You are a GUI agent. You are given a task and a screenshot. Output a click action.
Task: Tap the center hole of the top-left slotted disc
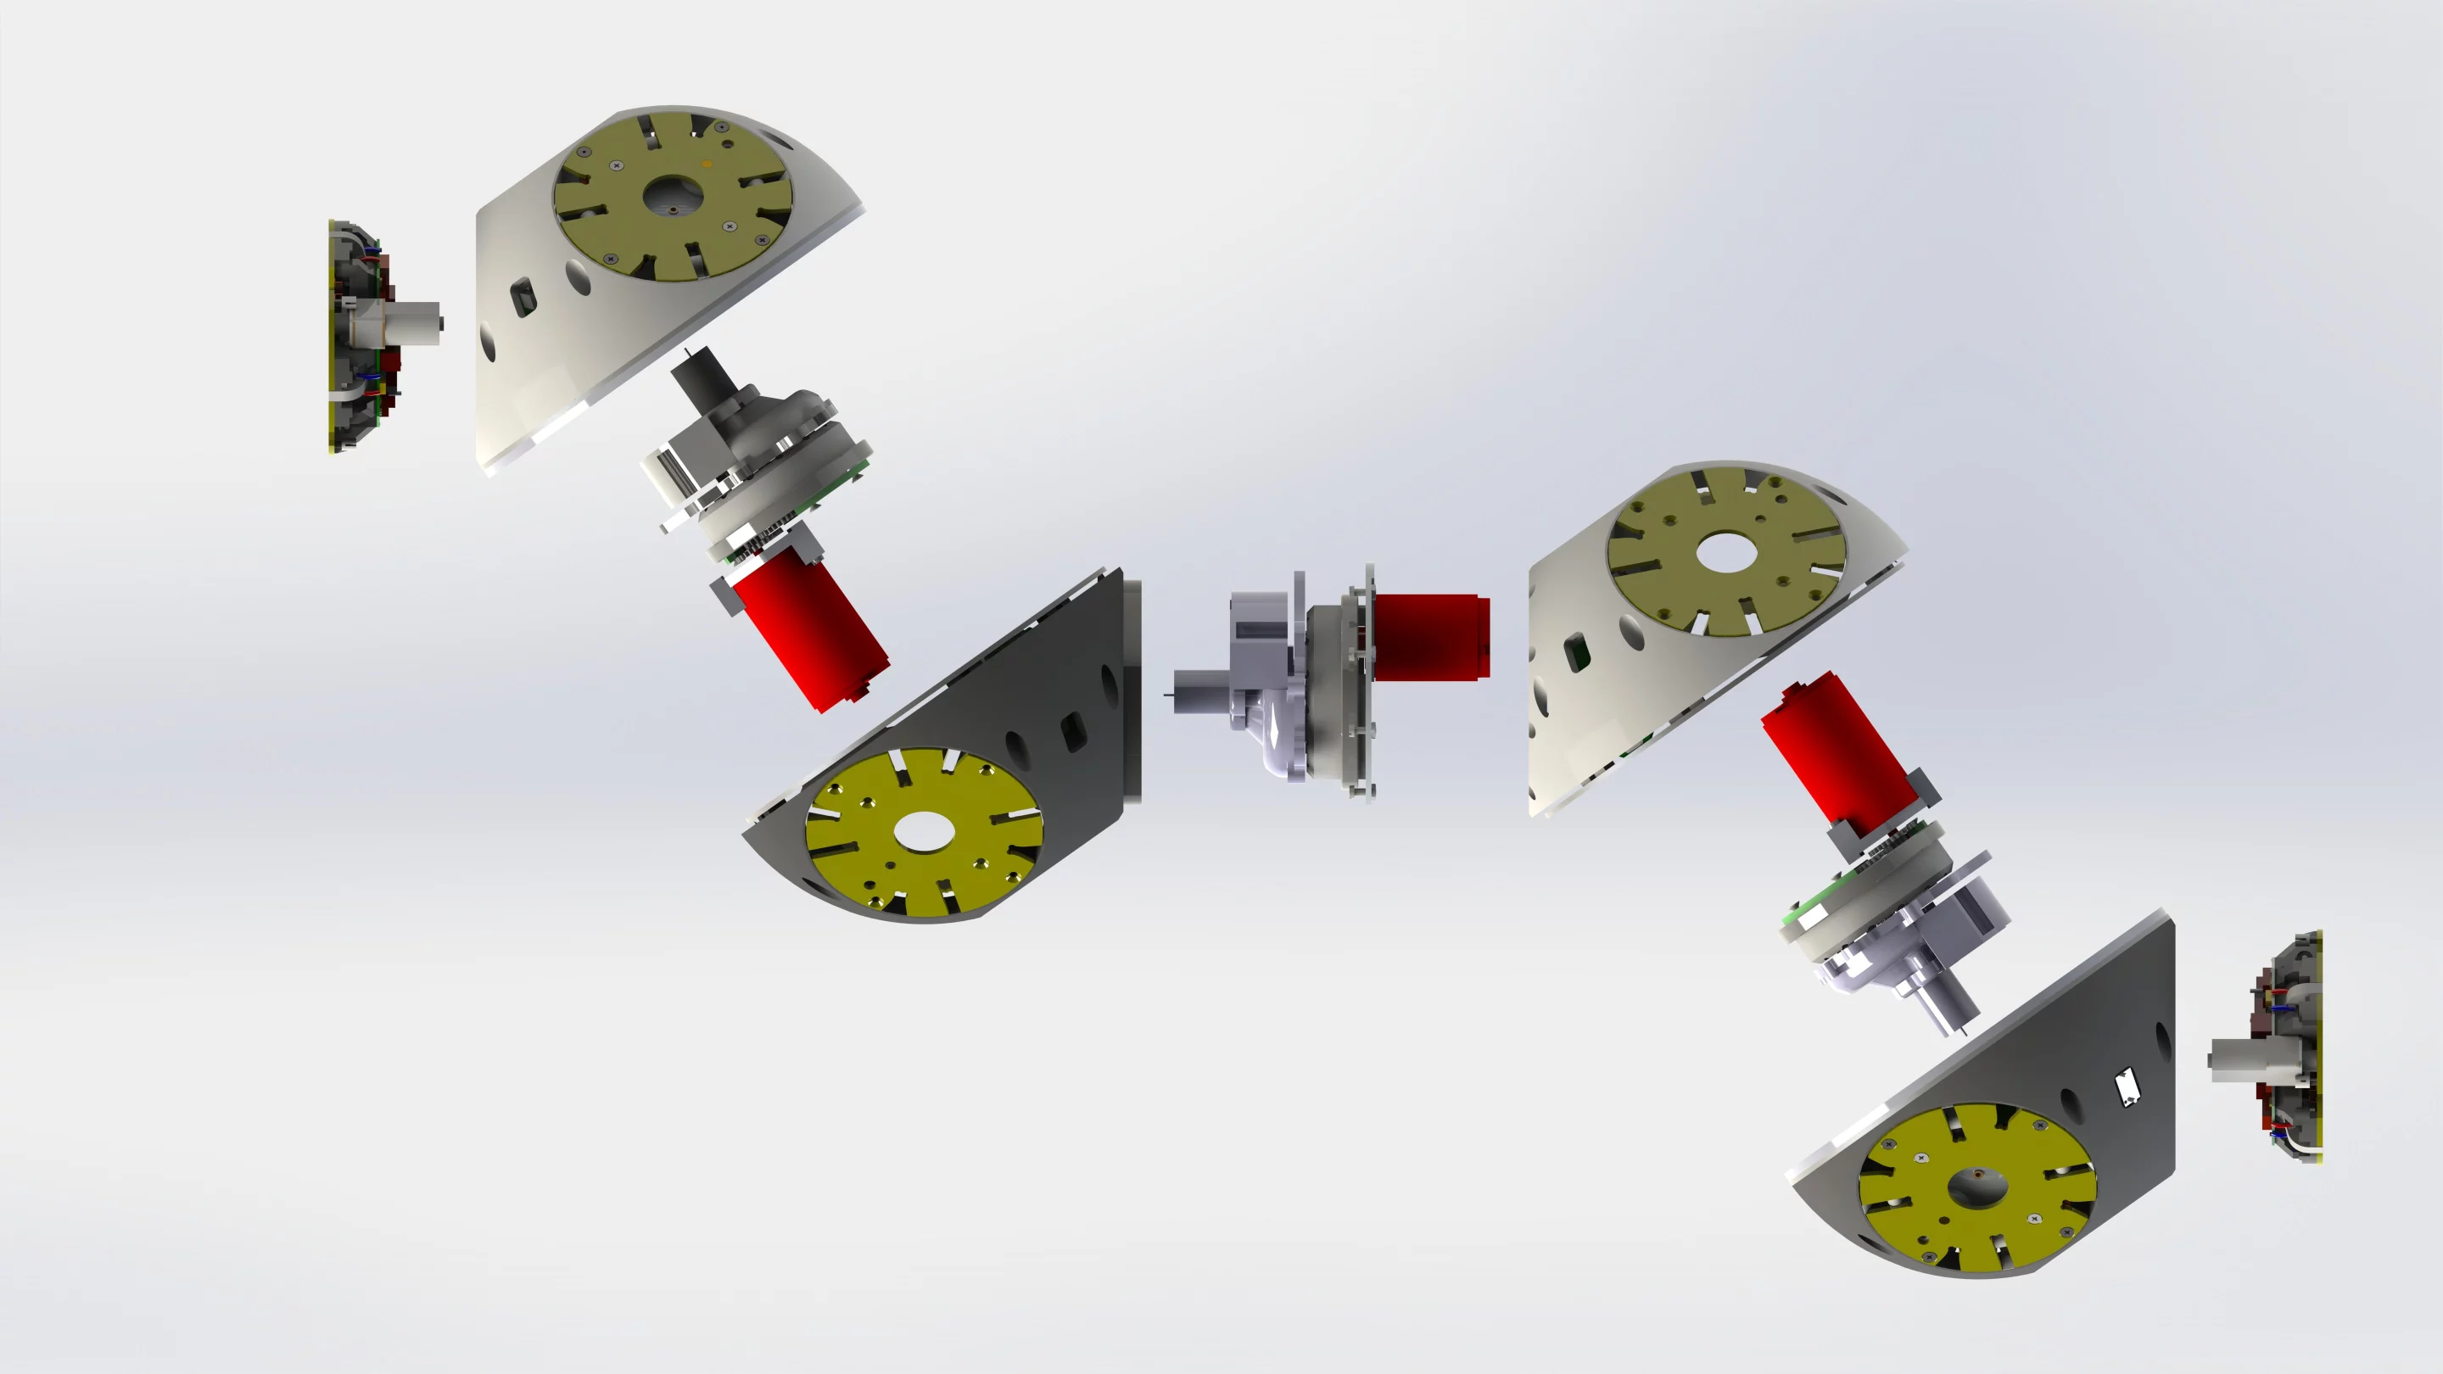point(673,196)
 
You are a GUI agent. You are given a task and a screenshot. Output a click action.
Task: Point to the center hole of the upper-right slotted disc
point(1727,553)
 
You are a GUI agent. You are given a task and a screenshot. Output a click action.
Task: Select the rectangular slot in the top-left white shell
point(521,298)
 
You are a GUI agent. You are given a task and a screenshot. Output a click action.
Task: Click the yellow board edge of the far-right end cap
point(2317,1047)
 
